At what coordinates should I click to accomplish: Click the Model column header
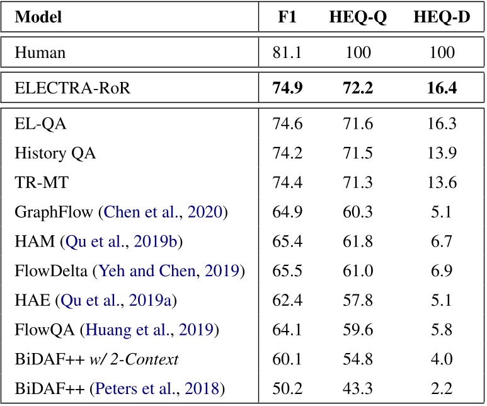pyautogui.click(x=38, y=18)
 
